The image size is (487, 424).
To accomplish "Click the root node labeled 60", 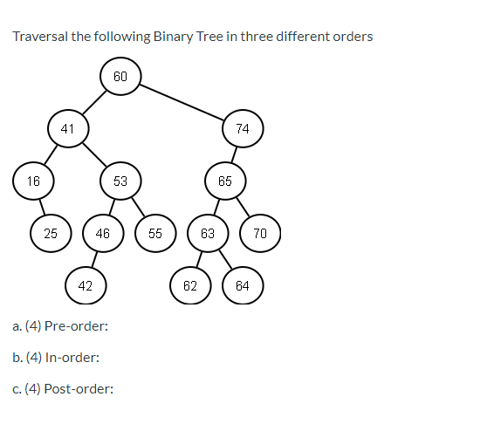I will [120, 77].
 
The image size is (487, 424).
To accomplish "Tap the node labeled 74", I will [243, 128].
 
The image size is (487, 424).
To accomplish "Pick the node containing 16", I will [33, 181].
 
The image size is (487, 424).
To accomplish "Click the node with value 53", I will [120, 181].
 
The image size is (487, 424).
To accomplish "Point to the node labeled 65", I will [225, 181].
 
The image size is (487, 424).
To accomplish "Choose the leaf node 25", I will [51, 233].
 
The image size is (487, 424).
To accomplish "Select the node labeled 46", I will [103, 233].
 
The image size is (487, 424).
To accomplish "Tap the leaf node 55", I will [155, 233].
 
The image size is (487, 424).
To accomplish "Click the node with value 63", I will [208, 233].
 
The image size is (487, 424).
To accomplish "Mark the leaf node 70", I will [260, 233].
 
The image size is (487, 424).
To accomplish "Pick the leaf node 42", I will [86, 285].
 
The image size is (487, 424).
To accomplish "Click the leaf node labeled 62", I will [190, 285].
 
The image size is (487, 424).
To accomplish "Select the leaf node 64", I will [243, 285].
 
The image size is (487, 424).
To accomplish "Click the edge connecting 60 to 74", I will [182, 102].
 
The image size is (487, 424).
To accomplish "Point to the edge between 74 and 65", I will [234, 154].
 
